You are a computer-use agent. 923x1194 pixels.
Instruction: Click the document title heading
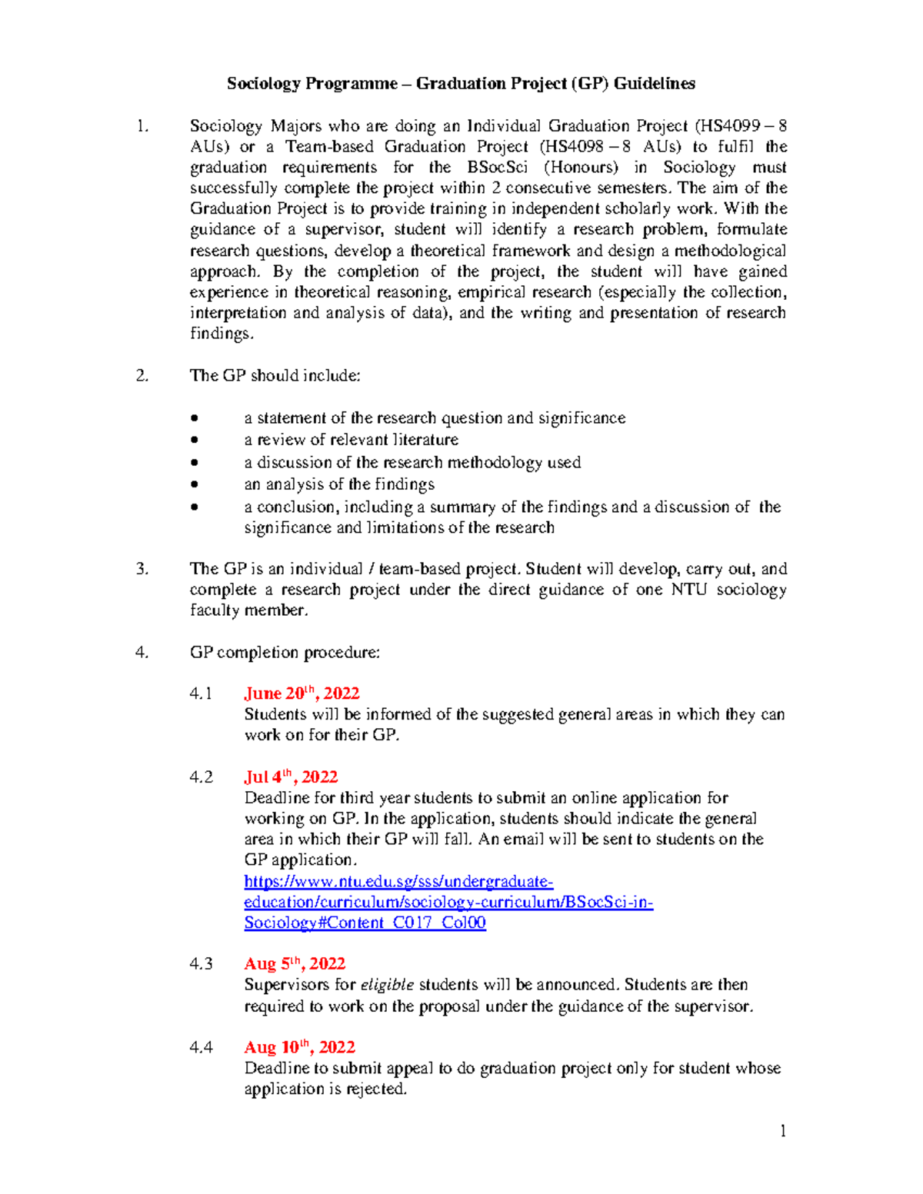[461, 84]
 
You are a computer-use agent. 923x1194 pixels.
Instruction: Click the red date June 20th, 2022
[302, 693]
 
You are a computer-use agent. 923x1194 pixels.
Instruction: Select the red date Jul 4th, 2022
[291, 777]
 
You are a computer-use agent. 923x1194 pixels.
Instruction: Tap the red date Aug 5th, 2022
[295, 964]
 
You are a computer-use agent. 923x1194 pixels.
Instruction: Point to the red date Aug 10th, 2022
[299, 1047]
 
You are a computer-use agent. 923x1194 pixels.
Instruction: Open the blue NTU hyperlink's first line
[398, 881]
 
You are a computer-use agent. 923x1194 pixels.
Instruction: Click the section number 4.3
[201, 964]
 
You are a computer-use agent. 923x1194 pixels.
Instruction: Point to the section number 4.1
[201, 693]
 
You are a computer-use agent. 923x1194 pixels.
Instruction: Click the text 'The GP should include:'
[275, 376]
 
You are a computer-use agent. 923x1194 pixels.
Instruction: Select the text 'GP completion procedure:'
[285, 653]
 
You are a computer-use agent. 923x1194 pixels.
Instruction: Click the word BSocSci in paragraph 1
[497, 168]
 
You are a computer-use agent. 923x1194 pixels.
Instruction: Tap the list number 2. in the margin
[142, 376]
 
